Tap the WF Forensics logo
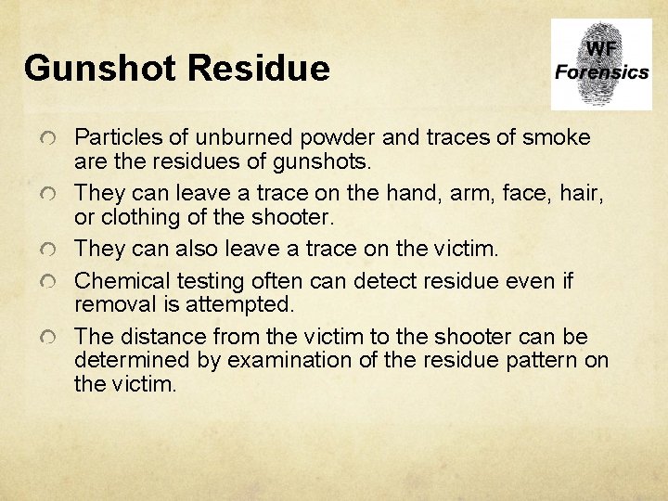(601, 64)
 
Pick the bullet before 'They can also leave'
(53, 251)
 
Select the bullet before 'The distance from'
(53, 337)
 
